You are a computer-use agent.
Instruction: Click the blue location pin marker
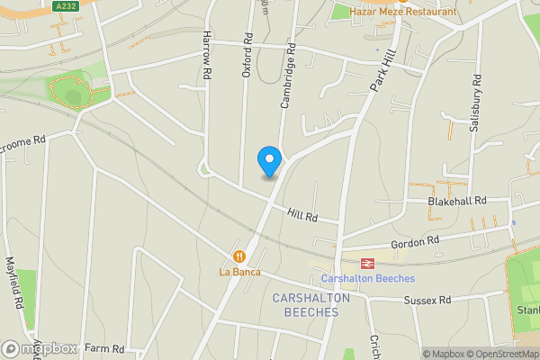pos(269,161)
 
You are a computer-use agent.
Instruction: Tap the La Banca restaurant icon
pos(238,256)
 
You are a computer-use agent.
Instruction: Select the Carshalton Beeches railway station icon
pos(367,263)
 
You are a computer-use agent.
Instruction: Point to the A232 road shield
pos(64,6)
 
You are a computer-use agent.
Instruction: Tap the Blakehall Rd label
pos(457,201)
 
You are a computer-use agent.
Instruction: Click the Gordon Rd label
pos(415,242)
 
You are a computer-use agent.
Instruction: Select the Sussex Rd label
pos(426,300)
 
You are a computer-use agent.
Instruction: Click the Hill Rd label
pos(303,216)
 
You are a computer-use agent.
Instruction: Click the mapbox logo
pos(40,348)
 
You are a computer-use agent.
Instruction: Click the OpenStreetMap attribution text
pos(494,354)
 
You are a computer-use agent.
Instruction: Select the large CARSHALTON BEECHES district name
pos(305,304)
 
